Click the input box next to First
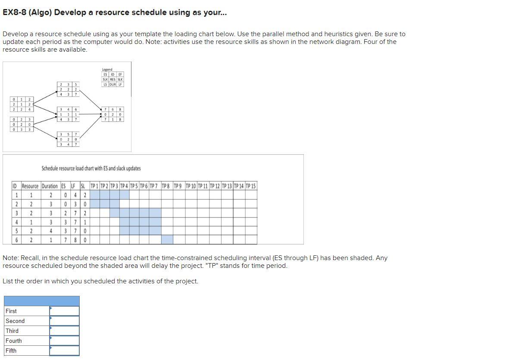click(x=64, y=311)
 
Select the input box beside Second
click(x=64, y=321)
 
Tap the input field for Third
click(x=64, y=331)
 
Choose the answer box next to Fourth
click(x=64, y=341)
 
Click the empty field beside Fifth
click(x=64, y=351)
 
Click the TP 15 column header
click(x=250, y=186)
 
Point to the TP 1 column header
click(x=94, y=186)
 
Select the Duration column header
click(x=50, y=186)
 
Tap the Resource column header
click(x=30, y=186)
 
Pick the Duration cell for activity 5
click(x=50, y=231)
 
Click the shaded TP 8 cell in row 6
click(x=167, y=240)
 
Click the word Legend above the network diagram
click(x=107, y=69)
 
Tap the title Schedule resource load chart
click(x=91, y=168)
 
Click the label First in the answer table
click(x=12, y=311)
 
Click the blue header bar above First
click(x=42, y=301)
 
